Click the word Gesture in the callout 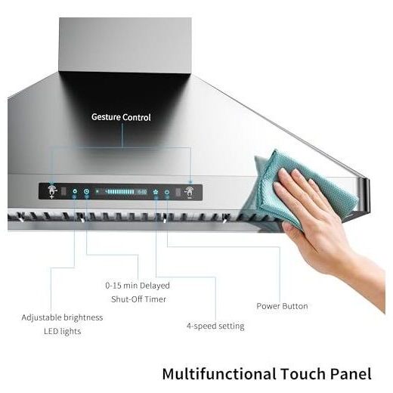coord(106,117)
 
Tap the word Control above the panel coord(137,117)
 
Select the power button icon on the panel coord(167,192)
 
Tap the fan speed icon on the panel coord(156,192)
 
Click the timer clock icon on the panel coord(86,192)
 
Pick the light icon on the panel coord(75,191)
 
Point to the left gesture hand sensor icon coord(52,192)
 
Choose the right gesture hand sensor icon coord(189,193)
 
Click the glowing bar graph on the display coord(120,192)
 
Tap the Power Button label coord(282,306)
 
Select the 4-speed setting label coord(215,326)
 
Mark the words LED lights coord(63,331)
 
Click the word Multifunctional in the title coord(219,373)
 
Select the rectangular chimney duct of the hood coord(125,45)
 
